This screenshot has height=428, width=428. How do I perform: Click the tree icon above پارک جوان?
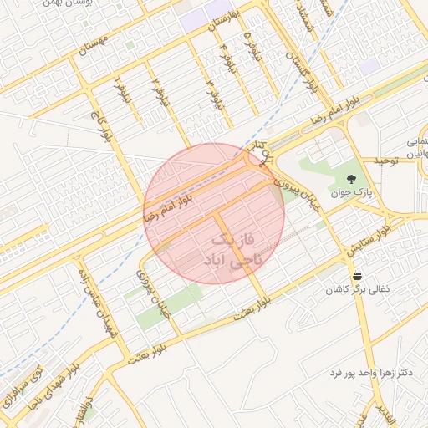pyautogui.click(x=350, y=178)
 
